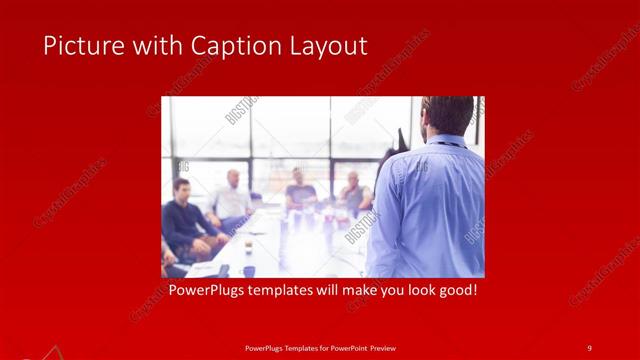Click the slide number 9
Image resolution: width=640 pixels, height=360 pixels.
pyautogui.click(x=590, y=347)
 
